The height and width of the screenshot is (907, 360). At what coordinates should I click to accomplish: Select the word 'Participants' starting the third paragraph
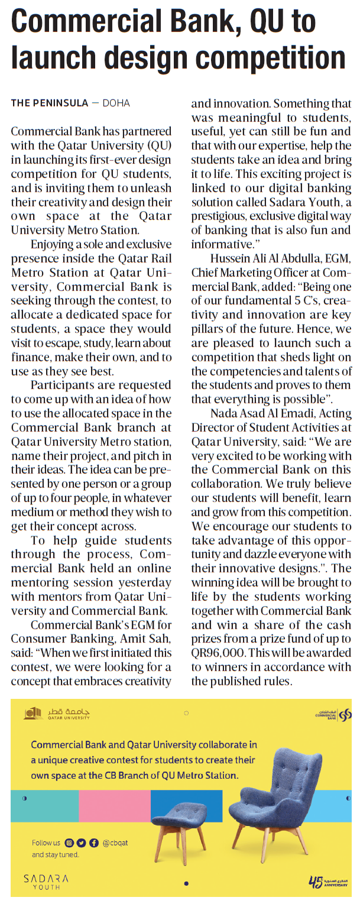[x=61, y=384]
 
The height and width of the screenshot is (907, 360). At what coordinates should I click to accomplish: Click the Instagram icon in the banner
[x=70, y=843]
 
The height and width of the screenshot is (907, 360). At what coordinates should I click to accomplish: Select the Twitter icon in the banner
[x=82, y=843]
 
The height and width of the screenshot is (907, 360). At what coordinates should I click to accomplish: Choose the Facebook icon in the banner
[x=93, y=843]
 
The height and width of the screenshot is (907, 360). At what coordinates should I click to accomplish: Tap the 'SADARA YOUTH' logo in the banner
[x=46, y=882]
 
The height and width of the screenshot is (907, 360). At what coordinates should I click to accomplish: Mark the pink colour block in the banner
[x=114, y=805]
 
